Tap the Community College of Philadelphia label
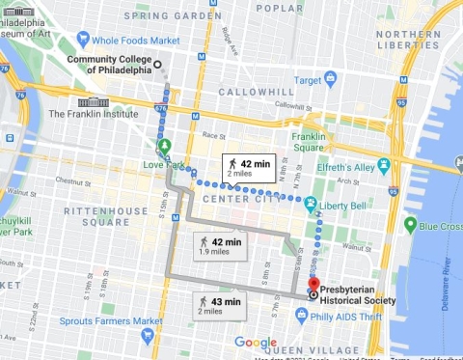pos(109,64)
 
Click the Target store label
pos(307,80)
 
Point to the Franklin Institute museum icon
pos(93,102)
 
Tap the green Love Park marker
pos(164,147)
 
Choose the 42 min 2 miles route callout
pos(245,166)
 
